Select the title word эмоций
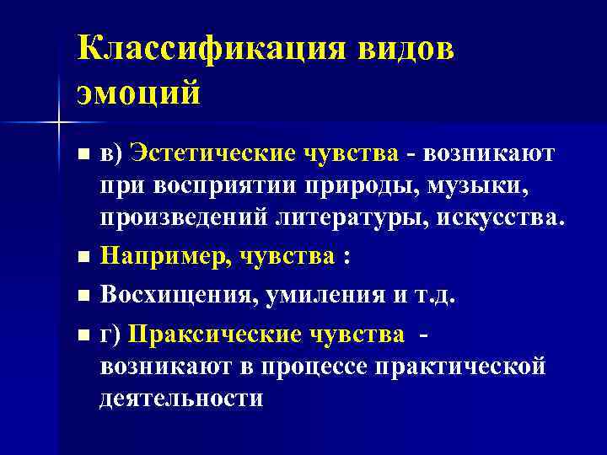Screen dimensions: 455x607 click(139, 91)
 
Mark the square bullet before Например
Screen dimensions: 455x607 click(82, 258)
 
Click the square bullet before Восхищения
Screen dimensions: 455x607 click(82, 296)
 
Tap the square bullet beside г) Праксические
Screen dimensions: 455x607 click(82, 335)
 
